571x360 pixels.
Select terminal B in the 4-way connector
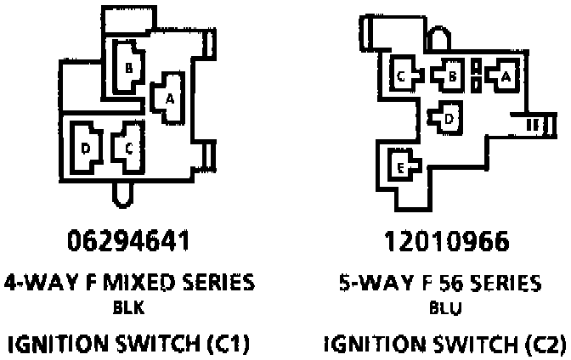click(127, 66)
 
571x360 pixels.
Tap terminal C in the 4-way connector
click(128, 146)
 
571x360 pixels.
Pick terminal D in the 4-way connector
click(85, 147)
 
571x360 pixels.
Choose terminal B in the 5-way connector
click(452, 76)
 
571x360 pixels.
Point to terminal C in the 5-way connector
click(402, 76)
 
